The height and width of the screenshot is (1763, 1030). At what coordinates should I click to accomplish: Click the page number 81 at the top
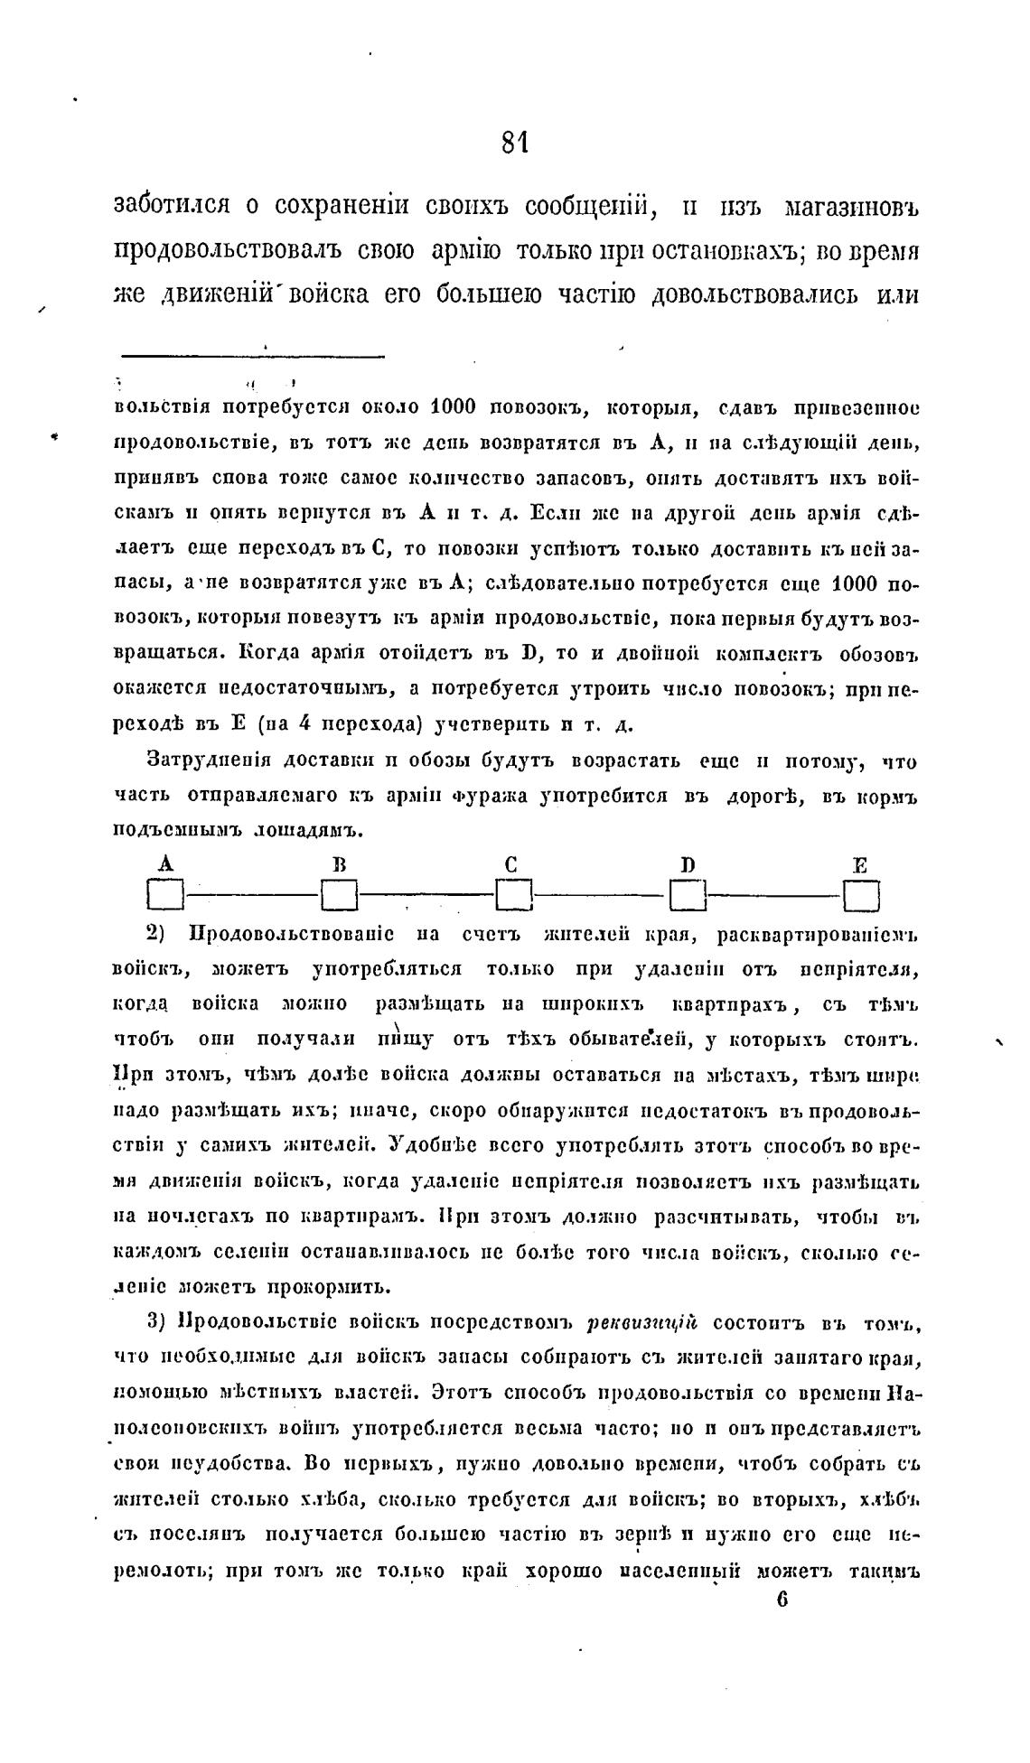(x=514, y=144)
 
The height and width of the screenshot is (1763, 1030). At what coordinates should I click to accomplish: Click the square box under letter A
(x=165, y=897)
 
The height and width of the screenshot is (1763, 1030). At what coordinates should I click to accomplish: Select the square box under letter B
(x=340, y=897)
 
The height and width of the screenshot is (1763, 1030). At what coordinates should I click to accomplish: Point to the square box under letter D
(x=688, y=897)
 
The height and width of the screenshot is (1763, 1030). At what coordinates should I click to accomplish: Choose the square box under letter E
(x=861, y=897)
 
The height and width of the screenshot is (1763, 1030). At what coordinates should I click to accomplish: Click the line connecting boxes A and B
(x=253, y=896)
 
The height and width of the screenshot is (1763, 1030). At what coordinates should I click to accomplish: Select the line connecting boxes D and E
(x=774, y=896)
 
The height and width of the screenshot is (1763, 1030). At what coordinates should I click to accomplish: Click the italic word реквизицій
(x=642, y=1324)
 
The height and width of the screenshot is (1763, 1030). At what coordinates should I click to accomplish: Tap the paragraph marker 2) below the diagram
(x=153, y=932)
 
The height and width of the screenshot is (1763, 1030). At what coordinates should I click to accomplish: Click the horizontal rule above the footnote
(x=253, y=356)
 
